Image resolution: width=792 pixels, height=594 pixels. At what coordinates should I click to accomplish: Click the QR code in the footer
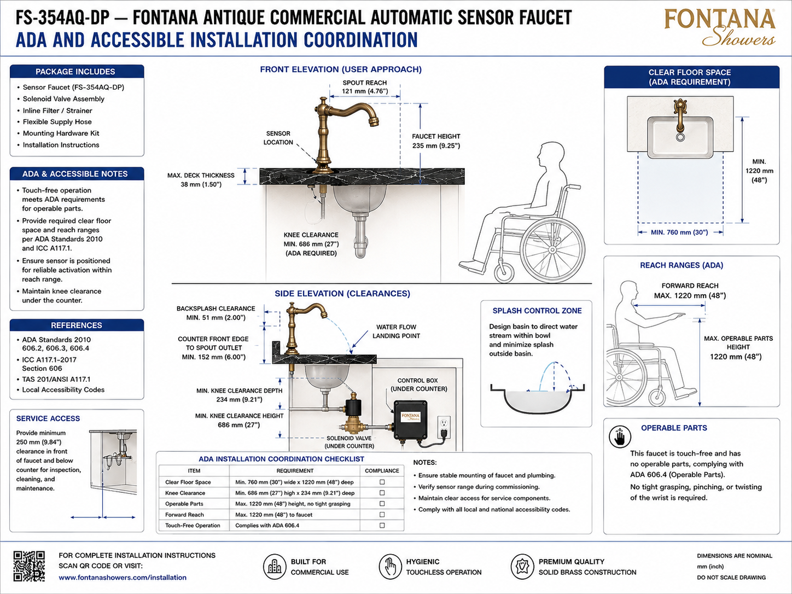(x=29, y=566)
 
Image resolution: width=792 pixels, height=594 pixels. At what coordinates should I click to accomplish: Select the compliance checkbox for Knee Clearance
(x=382, y=493)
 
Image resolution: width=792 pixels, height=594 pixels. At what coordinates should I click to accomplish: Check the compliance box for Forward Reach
(x=382, y=514)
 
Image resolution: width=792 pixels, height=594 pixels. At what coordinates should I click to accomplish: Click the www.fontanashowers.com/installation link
(x=123, y=578)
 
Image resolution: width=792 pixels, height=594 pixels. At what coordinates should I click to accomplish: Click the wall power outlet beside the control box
(x=444, y=427)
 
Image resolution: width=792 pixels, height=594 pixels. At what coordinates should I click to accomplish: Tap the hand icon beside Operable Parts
(x=620, y=436)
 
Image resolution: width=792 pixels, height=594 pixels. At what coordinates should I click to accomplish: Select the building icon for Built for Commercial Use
(x=275, y=567)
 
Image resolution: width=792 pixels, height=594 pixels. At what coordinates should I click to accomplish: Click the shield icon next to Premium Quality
(x=522, y=567)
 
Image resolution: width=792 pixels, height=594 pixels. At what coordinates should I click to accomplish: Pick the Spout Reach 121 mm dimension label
(x=365, y=87)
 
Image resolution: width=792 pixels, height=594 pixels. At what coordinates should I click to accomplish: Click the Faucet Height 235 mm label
(x=436, y=141)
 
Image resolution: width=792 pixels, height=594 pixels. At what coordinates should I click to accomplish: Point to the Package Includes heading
(x=75, y=72)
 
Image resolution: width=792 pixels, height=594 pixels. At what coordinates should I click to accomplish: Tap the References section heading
(x=77, y=325)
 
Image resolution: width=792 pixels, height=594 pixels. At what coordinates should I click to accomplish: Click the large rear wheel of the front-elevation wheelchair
(x=552, y=249)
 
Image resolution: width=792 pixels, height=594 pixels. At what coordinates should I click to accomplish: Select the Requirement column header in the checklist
(x=295, y=470)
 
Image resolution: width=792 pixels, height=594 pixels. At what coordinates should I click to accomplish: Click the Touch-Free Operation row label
(x=193, y=526)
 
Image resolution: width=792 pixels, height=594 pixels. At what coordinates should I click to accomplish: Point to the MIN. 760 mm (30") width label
(x=679, y=232)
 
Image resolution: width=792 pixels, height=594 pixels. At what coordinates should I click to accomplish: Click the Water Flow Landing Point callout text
(x=396, y=331)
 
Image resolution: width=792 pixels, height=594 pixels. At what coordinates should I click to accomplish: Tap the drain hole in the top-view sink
(x=680, y=137)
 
